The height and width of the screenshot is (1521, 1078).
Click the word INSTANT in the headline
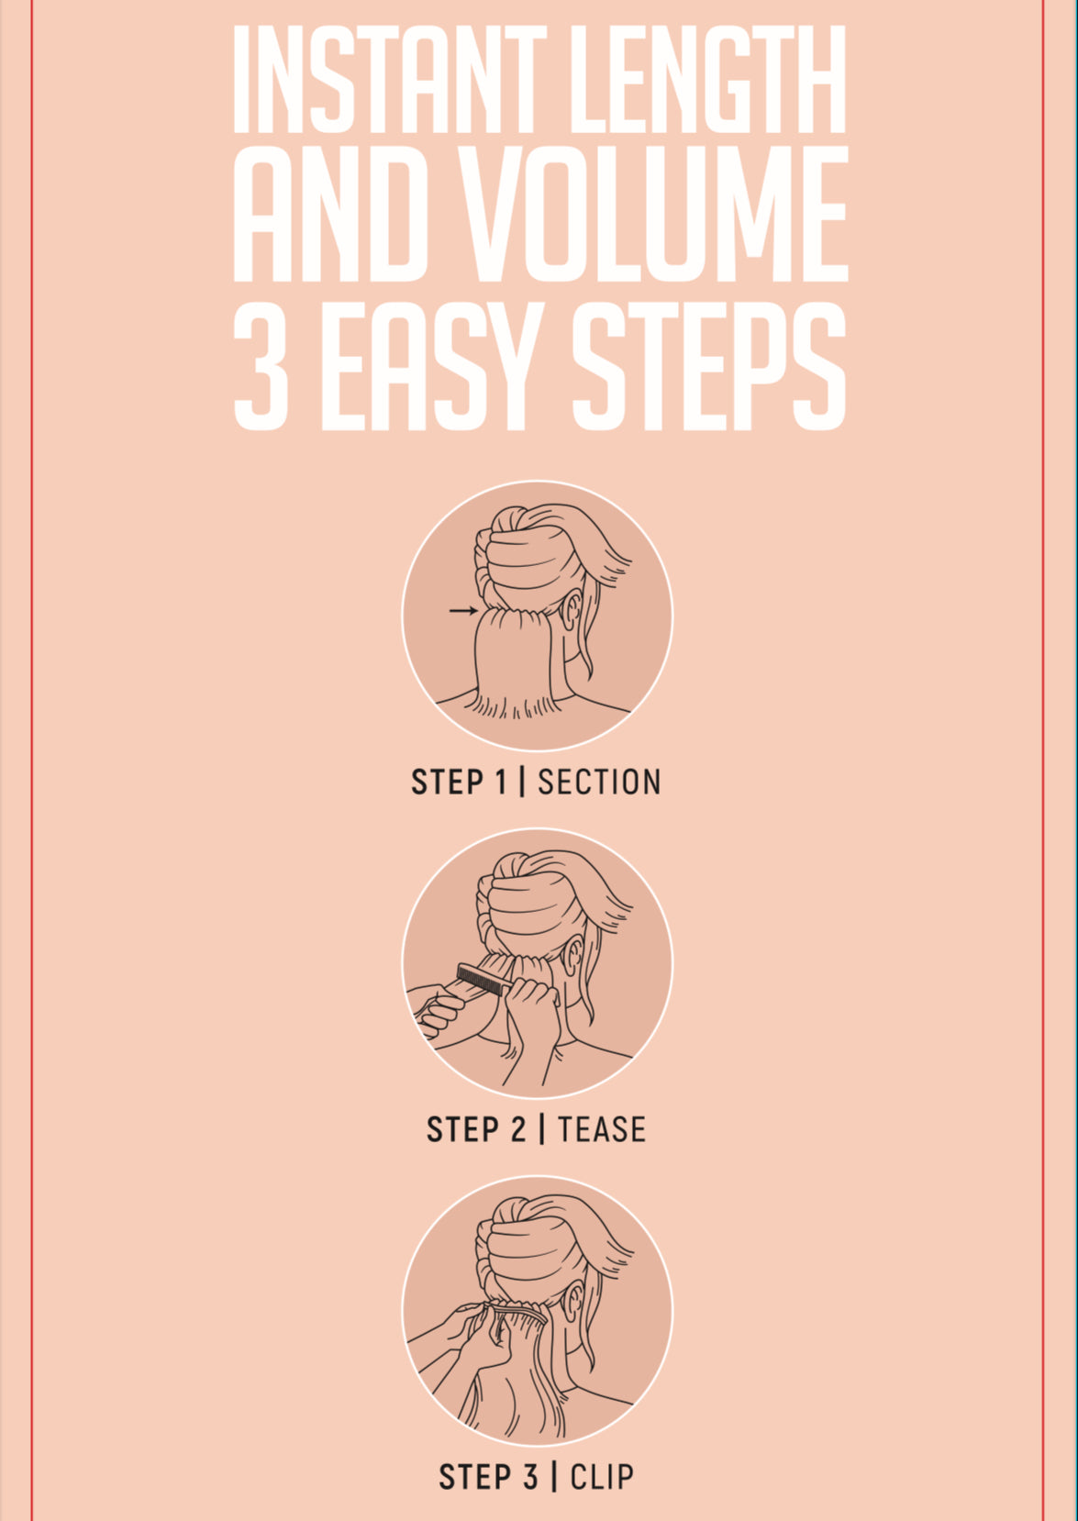389,80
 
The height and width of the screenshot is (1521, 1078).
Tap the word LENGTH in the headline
708,80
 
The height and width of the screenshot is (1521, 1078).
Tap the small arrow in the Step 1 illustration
463,611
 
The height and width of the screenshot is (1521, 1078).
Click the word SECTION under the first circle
599,783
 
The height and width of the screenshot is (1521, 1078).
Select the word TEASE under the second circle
602,1129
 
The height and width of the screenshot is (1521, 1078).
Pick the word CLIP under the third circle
602,1476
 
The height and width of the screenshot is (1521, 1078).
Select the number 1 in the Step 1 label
501,783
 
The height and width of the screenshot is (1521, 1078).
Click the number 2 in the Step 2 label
517,1129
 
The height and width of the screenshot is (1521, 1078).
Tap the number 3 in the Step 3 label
530,1476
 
